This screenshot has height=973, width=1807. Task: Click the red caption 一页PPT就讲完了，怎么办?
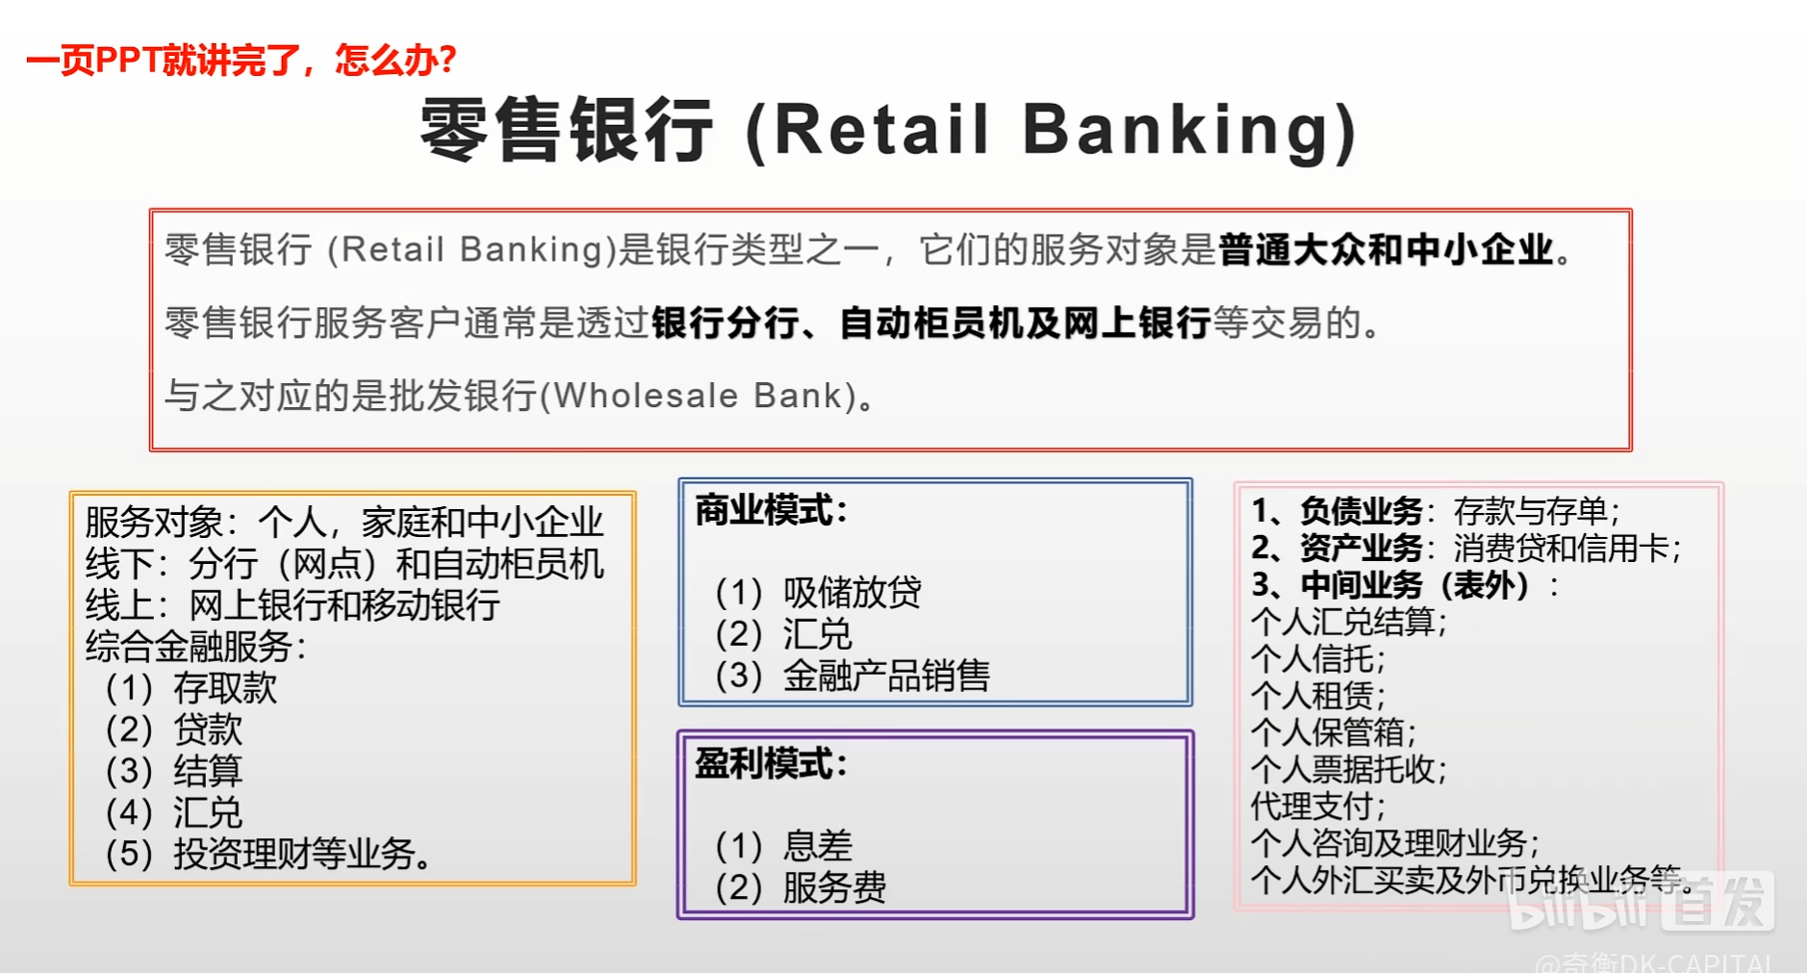coord(242,61)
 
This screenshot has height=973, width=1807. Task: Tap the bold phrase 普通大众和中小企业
coord(1386,249)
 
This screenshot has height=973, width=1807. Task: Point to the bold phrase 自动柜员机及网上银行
coord(1025,322)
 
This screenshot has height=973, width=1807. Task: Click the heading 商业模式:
coord(772,510)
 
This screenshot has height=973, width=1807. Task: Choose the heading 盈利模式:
coord(772,764)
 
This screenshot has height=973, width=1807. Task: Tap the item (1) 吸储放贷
coord(818,592)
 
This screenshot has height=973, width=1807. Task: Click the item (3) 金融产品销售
coord(853,675)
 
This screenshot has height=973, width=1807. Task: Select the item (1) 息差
coord(783,845)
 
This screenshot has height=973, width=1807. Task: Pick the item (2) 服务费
coord(801,886)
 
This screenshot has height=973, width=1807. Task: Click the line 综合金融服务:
coord(196,646)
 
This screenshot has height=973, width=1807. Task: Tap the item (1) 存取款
coord(191,688)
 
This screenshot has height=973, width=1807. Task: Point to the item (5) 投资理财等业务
coord(268,854)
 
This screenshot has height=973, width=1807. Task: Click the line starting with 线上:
coord(293,605)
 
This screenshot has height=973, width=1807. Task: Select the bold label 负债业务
coord(1361,510)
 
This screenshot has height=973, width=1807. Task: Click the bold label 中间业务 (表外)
coord(1414,584)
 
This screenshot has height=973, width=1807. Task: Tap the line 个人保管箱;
coord(1334,732)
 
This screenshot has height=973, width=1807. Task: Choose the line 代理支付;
coord(1318,806)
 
